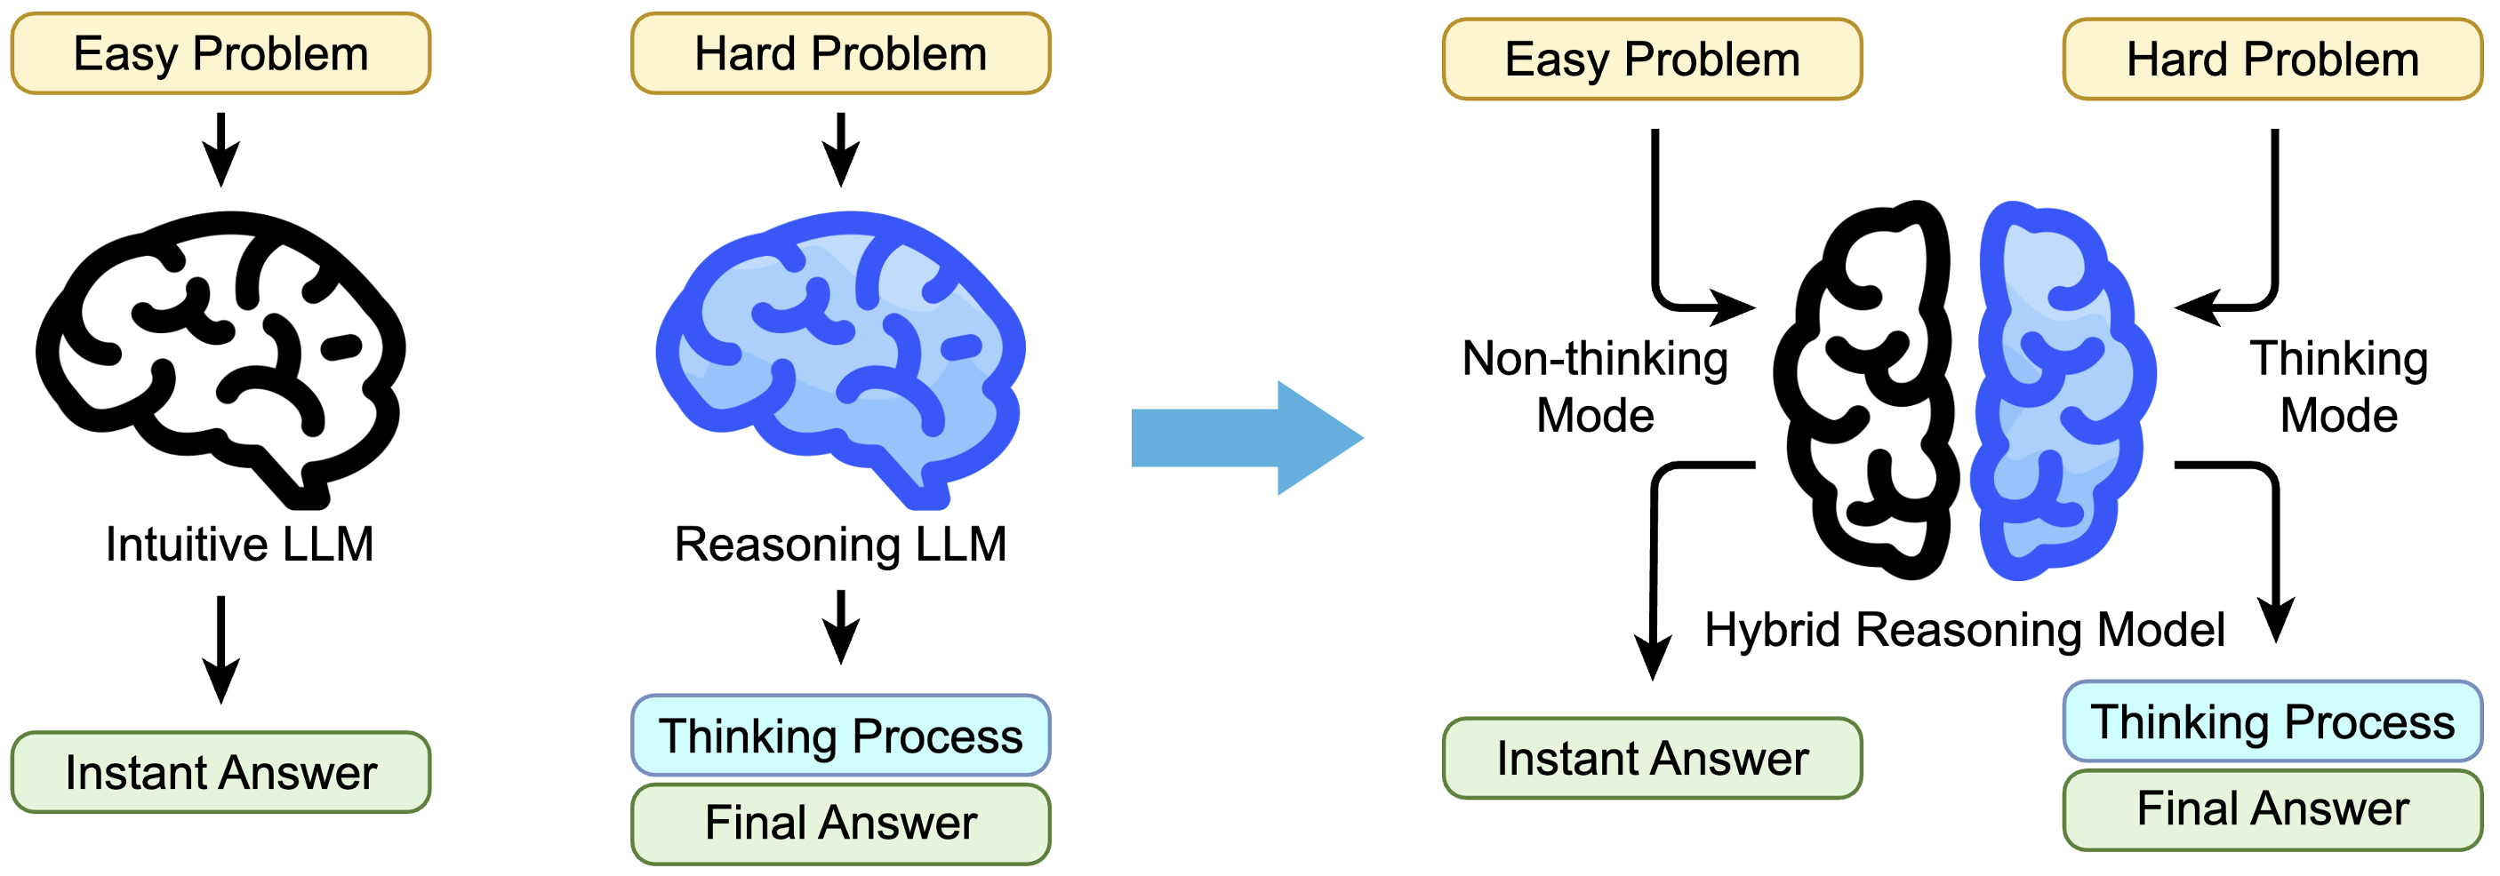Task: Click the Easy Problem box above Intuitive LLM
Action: [x=220, y=53]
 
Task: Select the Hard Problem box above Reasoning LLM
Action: [x=840, y=53]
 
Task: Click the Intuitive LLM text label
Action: [x=240, y=545]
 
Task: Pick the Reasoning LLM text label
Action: [x=840, y=545]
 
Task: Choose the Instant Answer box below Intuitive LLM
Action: [x=220, y=772]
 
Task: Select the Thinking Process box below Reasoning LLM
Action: [x=840, y=736]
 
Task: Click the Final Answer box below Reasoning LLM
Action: [x=840, y=824]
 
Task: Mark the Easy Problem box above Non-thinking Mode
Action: [x=1652, y=60]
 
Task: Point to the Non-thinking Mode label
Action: [x=1596, y=387]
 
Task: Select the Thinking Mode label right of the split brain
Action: [x=2339, y=387]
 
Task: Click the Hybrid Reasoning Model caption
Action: [x=1964, y=630]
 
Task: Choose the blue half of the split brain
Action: [x=2063, y=388]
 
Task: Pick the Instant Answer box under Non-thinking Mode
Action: [x=1652, y=759]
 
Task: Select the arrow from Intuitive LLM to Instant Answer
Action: [x=221, y=648]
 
